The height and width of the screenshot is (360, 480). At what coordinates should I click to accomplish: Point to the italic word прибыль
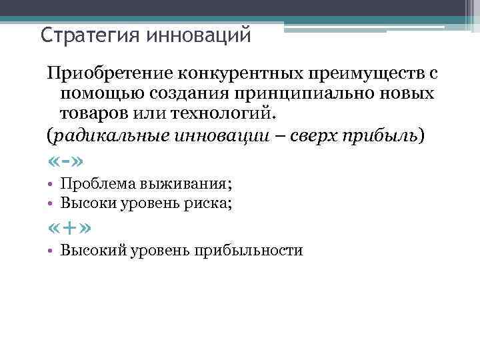pyautogui.click(x=383, y=137)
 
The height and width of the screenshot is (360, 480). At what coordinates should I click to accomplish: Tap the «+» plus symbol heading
pyautogui.click(x=69, y=228)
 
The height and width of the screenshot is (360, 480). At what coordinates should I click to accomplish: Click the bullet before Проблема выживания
pyautogui.click(x=51, y=185)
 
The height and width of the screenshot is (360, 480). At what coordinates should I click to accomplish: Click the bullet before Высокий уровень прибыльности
pyautogui.click(x=51, y=251)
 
